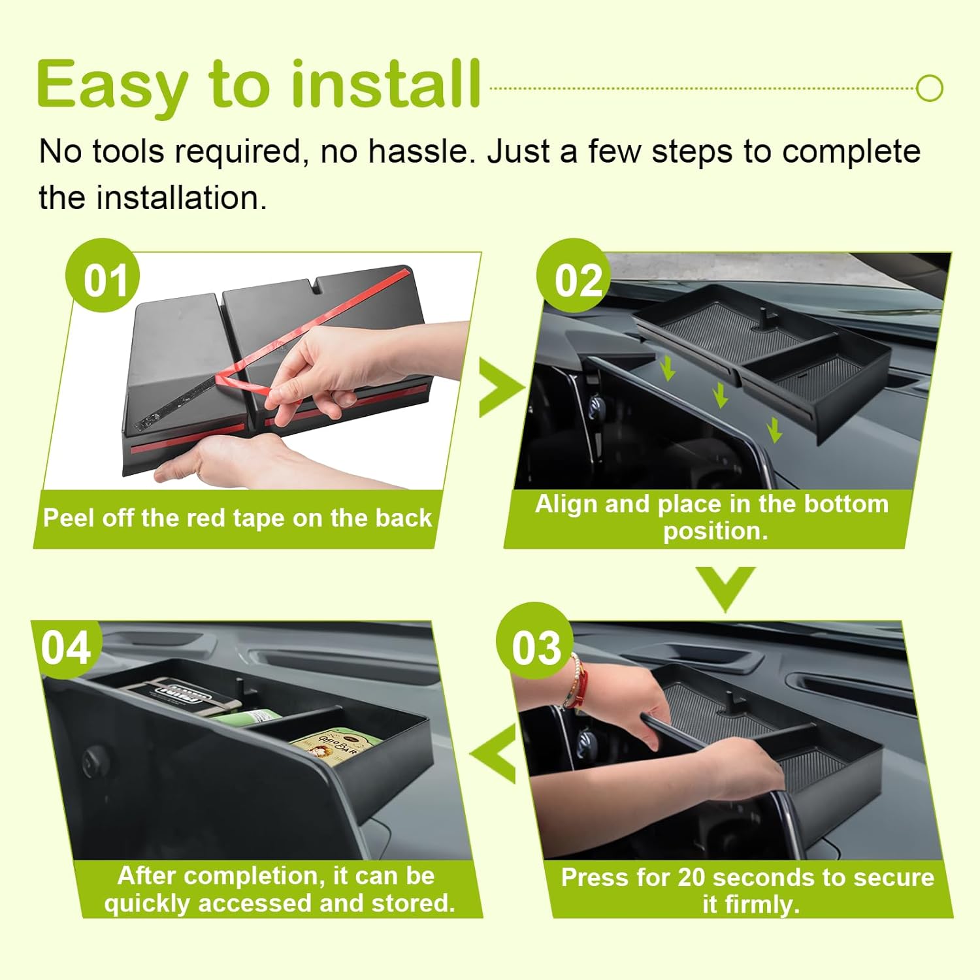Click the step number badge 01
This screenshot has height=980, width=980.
coord(103,276)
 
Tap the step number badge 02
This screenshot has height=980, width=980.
coord(574,276)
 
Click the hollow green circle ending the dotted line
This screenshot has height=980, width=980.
coord(929,88)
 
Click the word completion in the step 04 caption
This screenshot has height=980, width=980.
coord(263,876)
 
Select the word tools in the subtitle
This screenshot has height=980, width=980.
coord(128,152)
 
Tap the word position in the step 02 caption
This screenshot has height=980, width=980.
coord(715,531)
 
